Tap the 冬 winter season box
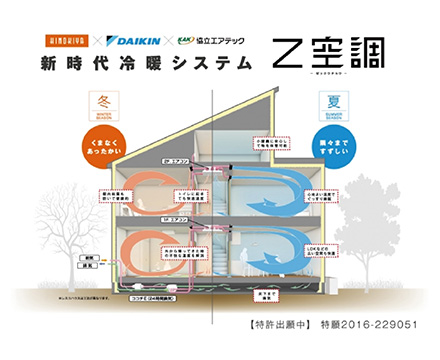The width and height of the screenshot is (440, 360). [110, 104]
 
